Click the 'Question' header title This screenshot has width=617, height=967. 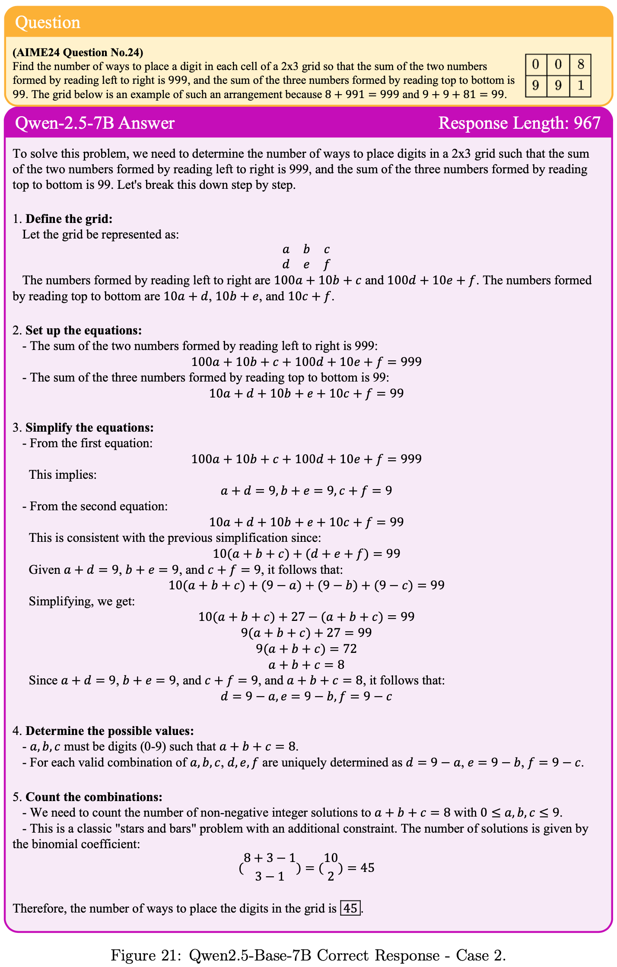pyautogui.click(x=48, y=22)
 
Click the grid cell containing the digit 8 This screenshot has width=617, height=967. pyautogui.click(x=580, y=65)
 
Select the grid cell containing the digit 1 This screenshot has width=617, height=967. pyautogui.click(x=580, y=86)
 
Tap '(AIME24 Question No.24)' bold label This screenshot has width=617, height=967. pyautogui.click(x=78, y=53)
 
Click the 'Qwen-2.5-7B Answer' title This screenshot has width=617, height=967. pyautogui.click(x=95, y=123)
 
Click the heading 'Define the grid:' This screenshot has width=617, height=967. pyautogui.click(x=69, y=219)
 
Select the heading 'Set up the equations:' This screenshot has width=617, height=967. pyautogui.click(x=83, y=331)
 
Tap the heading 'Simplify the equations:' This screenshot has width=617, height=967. pyautogui.click(x=89, y=428)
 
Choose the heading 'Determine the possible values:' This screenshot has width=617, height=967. pyautogui.click(x=109, y=731)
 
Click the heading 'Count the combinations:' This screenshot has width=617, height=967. pyautogui.click(x=94, y=797)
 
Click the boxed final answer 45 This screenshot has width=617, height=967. pyautogui.click(x=350, y=908)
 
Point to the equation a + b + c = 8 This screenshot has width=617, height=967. pyautogui.click(x=306, y=665)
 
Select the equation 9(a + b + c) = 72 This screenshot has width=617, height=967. pyautogui.click(x=306, y=649)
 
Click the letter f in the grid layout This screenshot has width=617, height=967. pyautogui.click(x=327, y=264)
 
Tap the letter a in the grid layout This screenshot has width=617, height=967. pyautogui.click(x=286, y=249)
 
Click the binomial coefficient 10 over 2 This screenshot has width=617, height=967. pyautogui.click(x=331, y=868)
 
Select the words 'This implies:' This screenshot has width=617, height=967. pyautogui.click(x=63, y=475)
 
